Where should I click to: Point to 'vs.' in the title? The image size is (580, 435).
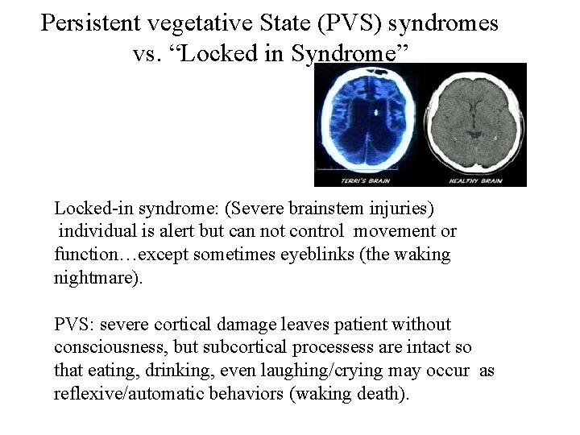[x=147, y=55]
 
